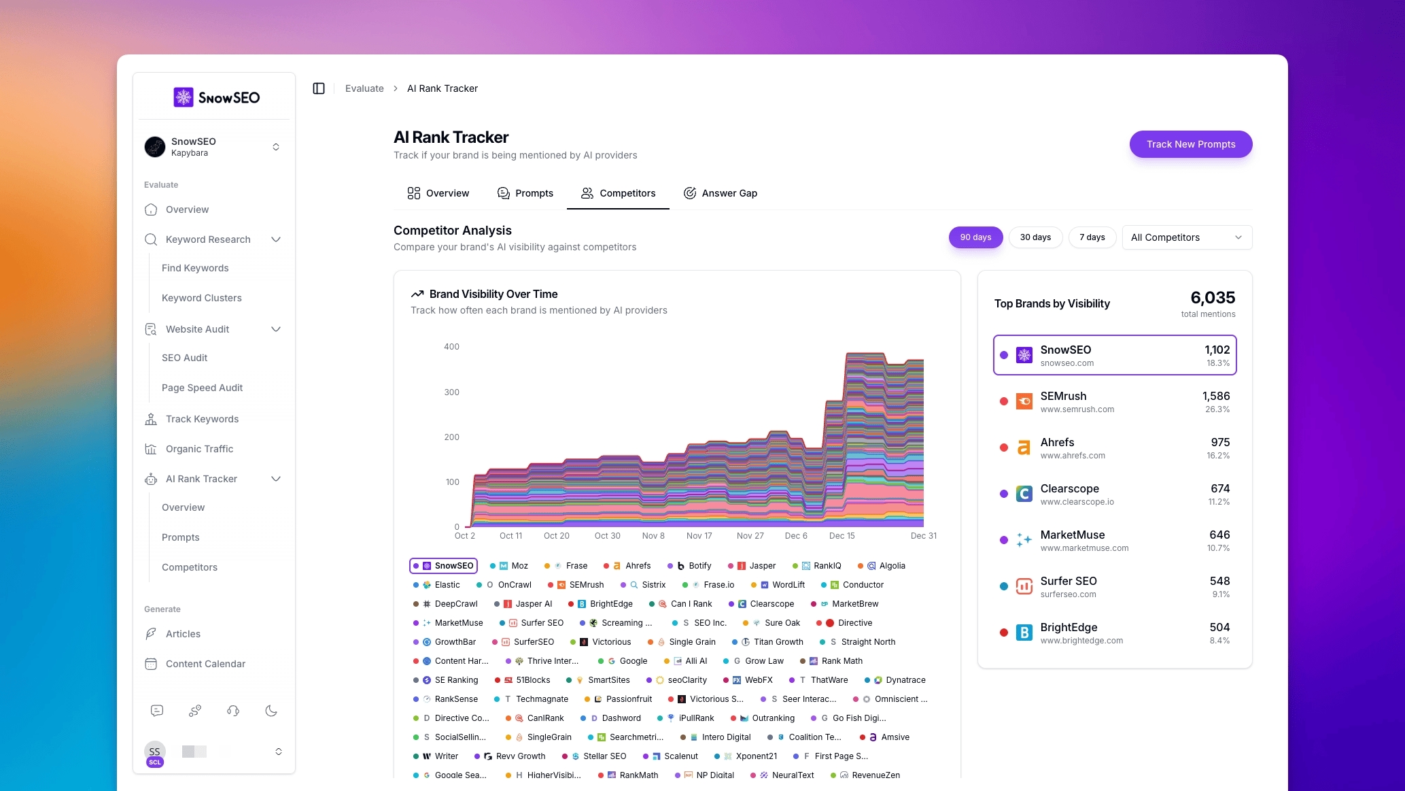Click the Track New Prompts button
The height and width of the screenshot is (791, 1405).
(x=1190, y=144)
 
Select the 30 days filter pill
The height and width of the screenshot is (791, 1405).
(x=1035, y=237)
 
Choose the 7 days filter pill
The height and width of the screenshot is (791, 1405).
(x=1092, y=237)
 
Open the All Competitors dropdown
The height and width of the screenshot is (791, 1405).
(x=1186, y=237)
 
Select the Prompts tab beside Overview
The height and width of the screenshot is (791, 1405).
(x=525, y=193)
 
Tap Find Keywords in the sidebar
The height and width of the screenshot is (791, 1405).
(x=195, y=268)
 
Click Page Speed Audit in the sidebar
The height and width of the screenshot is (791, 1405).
(x=202, y=388)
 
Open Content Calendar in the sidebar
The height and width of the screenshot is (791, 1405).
(x=205, y=664)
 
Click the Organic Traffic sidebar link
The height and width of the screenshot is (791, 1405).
(x=199, y=449)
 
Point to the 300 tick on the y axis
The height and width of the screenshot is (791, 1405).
(x=451, y=392)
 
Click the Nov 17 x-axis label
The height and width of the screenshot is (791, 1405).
(x=699, y=536)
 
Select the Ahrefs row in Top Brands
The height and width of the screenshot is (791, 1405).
(x=1114, y=448)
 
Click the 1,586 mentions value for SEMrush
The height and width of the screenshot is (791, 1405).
(x=1215, y=396)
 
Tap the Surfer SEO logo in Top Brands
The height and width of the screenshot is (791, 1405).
(x=1024, y=586)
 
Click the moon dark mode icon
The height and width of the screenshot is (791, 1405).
(x=271, y=711)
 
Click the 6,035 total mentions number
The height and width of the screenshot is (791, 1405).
(x=1212, y=298)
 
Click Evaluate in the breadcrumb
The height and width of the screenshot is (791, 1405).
(x=364, y=88)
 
